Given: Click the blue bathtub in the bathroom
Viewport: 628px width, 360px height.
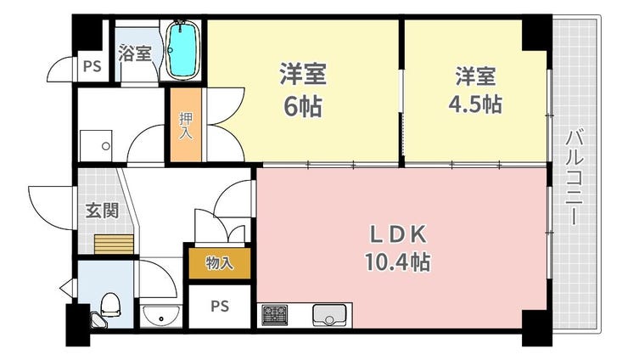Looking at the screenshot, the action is (182, 50).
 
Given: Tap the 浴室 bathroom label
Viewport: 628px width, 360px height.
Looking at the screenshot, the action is (135, 53).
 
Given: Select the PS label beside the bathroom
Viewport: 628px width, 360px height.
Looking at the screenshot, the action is (93, 66).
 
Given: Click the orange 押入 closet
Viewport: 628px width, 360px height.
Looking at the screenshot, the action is (186, 125).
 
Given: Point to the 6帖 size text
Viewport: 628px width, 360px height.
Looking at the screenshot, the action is (303, 107).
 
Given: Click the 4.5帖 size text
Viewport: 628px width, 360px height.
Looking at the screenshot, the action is (475, 104).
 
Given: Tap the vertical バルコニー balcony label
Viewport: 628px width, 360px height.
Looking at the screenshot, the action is (575, 177).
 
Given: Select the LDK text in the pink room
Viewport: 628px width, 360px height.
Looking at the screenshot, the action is (397, 235).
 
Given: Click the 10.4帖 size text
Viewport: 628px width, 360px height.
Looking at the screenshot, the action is (397, 262).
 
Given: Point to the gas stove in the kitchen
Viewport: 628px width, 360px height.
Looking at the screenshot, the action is (275, 315).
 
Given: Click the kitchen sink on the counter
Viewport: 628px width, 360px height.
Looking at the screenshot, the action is (329, 315).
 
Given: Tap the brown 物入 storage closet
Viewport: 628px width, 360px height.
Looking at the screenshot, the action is (220, 263).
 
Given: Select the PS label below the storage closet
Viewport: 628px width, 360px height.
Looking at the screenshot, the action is (220, 307).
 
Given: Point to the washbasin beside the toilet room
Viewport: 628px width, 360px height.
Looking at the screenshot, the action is (161, 316).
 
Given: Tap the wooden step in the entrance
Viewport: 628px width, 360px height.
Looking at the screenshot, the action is (115, 245).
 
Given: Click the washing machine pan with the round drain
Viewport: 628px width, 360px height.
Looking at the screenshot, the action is (96, 145).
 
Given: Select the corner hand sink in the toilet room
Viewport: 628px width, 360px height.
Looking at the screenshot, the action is (98, 320).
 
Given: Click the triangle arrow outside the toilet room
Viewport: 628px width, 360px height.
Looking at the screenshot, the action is (67, 288).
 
